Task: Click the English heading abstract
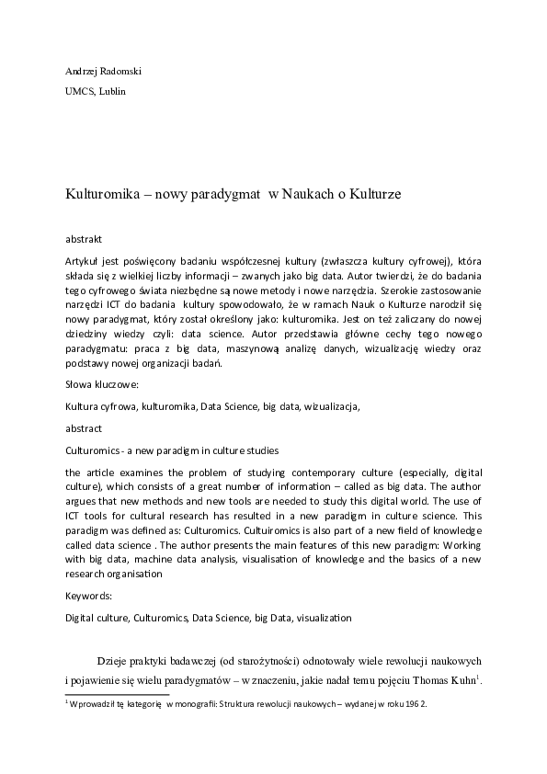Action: coord(84,428)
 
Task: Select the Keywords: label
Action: coord(89,596)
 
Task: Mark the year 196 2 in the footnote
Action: coord(416,704)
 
